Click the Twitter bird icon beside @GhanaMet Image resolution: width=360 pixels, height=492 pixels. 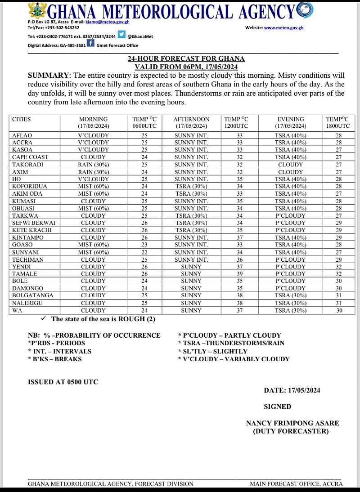coord(121,36)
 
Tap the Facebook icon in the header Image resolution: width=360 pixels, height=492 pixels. coord(90,43)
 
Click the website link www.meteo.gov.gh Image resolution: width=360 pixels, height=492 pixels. coord(283,28)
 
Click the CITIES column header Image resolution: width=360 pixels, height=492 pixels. coord(22,119)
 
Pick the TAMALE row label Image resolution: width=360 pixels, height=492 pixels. coord(25,273)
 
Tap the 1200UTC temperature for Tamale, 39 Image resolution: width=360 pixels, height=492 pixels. coord(236,273)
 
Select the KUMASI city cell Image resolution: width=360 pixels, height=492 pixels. coord(24,201)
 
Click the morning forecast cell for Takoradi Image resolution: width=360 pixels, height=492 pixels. coord(93,165)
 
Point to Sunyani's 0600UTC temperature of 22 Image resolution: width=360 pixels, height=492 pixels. coord(144,252)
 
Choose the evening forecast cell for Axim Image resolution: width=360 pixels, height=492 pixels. coord(291,172)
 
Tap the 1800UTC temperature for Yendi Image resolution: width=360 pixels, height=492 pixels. coord(338,266)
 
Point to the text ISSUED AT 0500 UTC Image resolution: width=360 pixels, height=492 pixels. coord(63,382)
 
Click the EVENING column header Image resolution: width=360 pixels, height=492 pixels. coord(291,119)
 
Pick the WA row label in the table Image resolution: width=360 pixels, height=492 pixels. coord(17,310)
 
